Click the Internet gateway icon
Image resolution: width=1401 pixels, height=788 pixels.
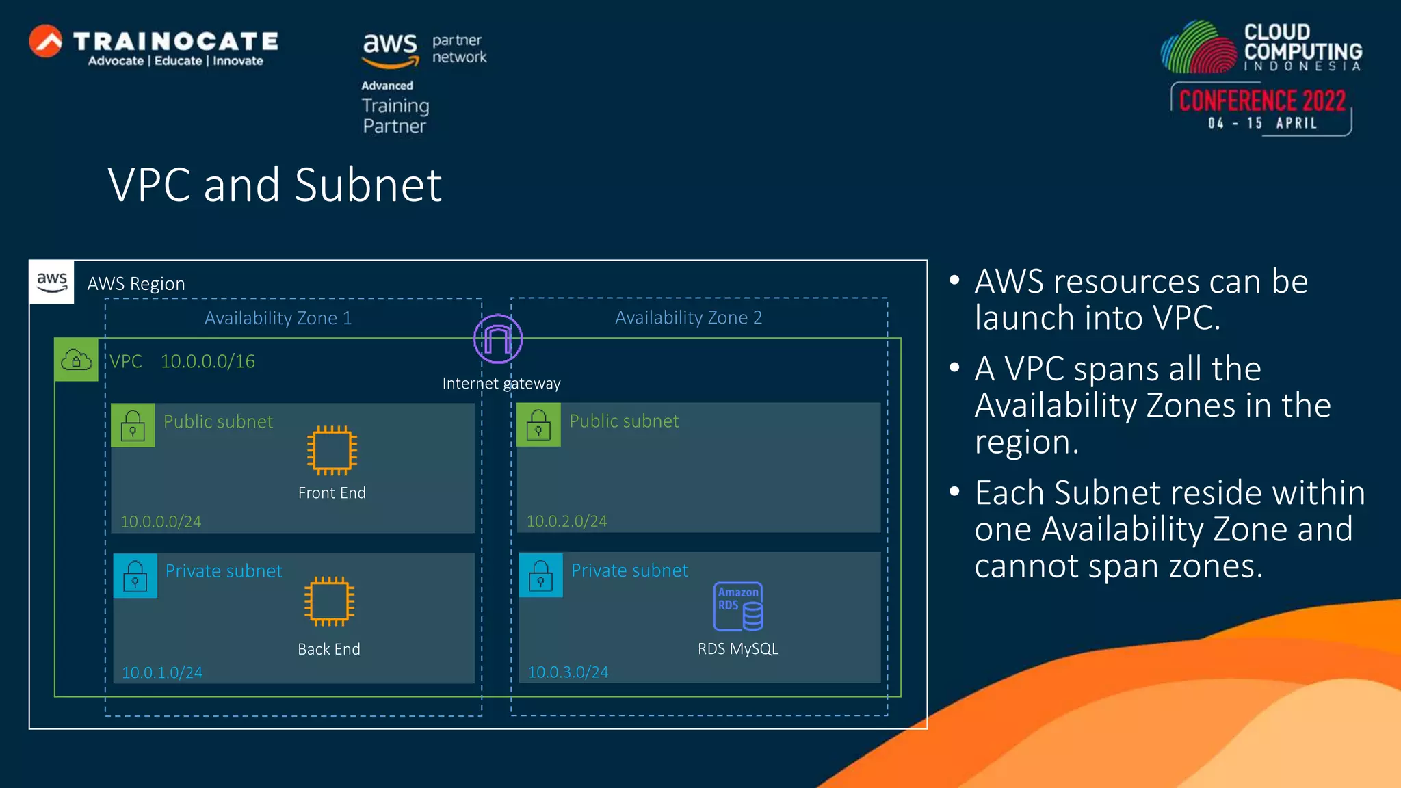[x=497, y=339]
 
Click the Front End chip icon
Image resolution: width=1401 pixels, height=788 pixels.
[x=332, y=450]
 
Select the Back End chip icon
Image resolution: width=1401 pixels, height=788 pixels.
[x=329, y=601]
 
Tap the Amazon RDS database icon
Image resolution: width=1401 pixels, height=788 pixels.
[x=738, y=607]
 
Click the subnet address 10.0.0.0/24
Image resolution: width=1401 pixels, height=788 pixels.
[x=161, y=522]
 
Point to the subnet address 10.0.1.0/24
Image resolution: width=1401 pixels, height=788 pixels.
[x=162, y=672]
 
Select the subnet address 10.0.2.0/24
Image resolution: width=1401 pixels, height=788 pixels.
[x=566, y=521]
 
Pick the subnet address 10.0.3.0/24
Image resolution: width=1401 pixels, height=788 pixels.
[x=568, y=672]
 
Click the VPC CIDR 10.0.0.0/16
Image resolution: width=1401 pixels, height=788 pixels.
[x=207, y=361]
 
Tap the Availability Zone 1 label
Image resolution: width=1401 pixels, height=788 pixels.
[x=278, y=318]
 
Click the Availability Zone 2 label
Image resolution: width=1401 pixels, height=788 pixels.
[x=688, y=317]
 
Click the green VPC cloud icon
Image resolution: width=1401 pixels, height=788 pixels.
[x=76, y=360]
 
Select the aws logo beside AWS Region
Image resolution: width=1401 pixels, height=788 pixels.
[x=52, y=282]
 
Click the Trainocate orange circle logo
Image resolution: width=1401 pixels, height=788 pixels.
[x=46, y=42]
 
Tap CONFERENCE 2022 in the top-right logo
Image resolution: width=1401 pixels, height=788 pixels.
[x=1262, y=101]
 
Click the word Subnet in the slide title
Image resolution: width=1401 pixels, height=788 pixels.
[x=368, y=185]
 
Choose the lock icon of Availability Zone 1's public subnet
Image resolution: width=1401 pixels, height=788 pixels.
[x=133, y=425]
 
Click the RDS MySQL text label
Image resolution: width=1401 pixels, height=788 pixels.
[x=737, y=648]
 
